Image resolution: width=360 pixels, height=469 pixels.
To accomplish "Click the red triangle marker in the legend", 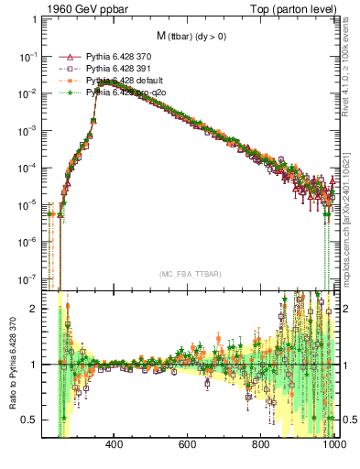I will coord(70,57).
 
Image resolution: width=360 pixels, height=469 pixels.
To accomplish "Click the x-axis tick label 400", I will coord(115,446).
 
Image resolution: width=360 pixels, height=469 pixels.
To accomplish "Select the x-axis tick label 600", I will coord(188,446).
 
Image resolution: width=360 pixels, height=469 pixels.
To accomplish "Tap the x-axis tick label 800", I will coord(261,446).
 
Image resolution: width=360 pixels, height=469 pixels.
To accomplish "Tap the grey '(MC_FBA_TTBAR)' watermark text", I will coord(189,274).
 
